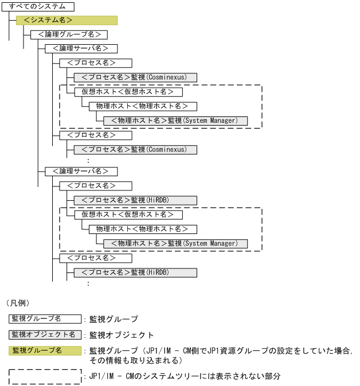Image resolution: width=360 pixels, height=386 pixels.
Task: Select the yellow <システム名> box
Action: click(x=66, y=21)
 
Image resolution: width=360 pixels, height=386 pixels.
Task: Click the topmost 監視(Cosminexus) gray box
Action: click(x=135, y=77)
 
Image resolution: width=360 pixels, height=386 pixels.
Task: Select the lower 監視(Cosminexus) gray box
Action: click(x=135, y=149)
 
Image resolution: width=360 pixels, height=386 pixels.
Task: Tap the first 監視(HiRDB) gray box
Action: click(x=135, y=200)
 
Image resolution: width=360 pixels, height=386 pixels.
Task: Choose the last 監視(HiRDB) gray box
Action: click(x=135, y=272)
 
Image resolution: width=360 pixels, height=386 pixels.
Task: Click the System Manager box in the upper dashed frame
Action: click(x=175, y=120)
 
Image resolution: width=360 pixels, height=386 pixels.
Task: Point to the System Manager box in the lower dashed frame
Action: click(x=175, y=243)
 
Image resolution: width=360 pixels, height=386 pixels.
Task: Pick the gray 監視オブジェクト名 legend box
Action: click(x=45, y=334)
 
